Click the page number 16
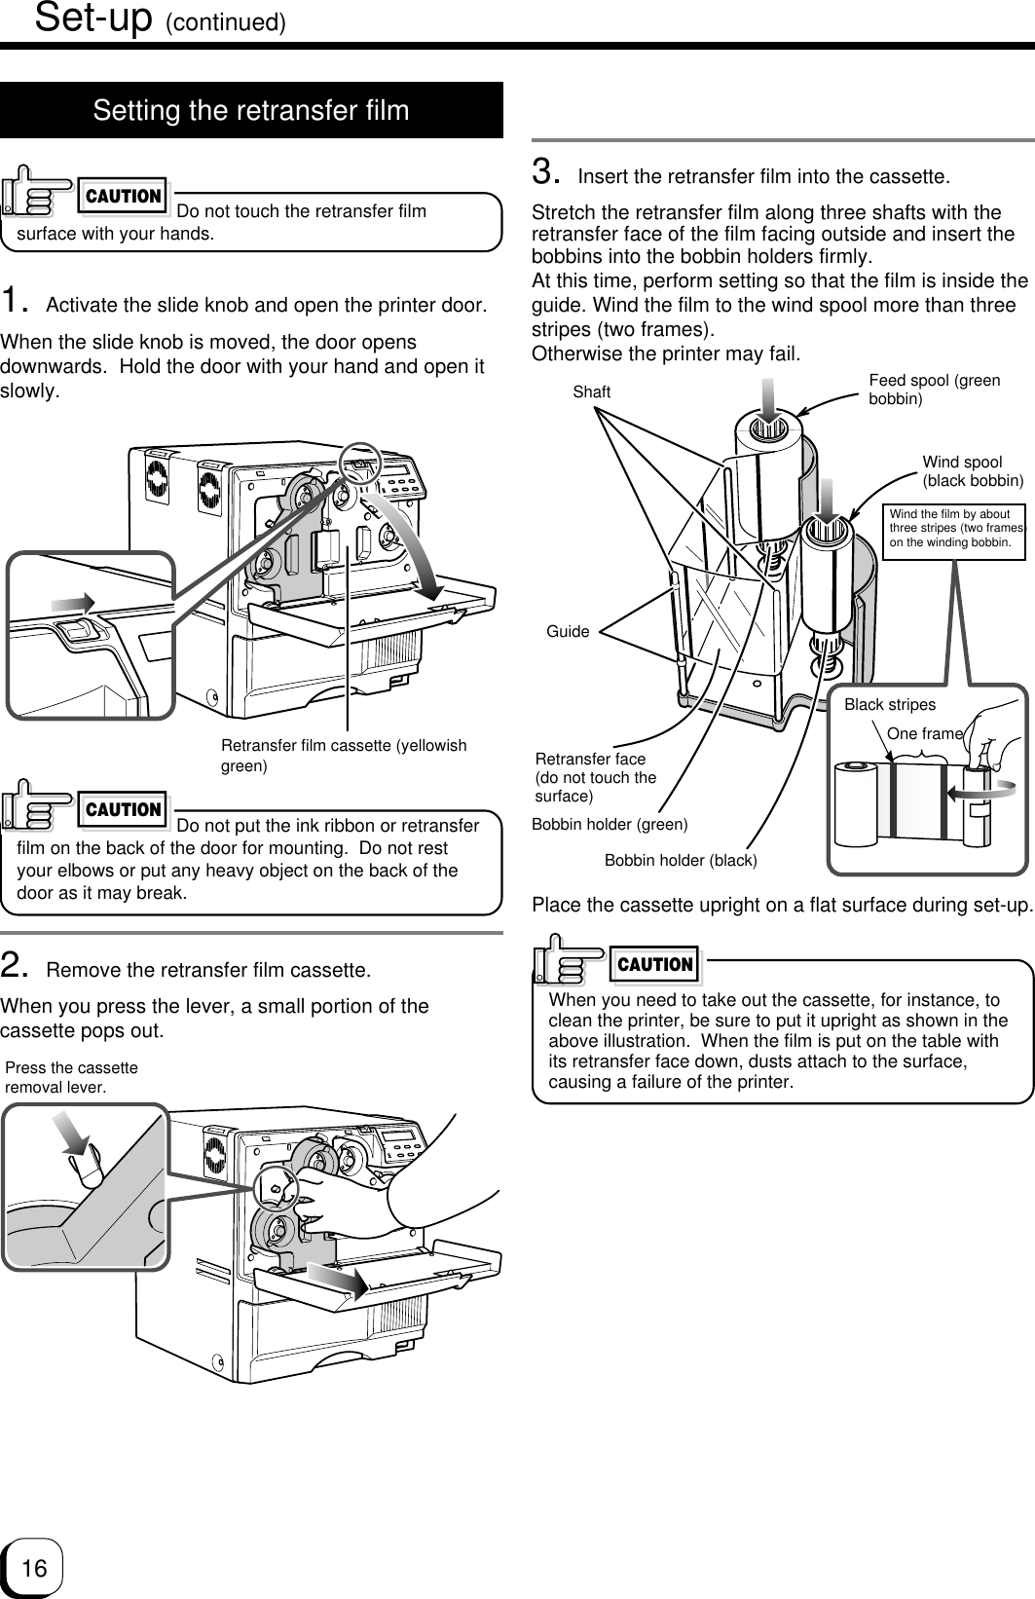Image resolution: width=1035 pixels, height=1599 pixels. pyautogui.click(x=33, y=1568)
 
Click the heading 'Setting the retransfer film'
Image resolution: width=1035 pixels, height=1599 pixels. pyautogui.click(x=251, y=111)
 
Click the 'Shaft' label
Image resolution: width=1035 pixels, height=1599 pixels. pyautogui.click(x=592, y=392)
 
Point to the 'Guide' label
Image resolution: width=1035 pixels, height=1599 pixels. pyautogui.click(x=568, y=632)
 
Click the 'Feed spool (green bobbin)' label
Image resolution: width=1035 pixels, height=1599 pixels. pyautogui.click(x=933, y=390)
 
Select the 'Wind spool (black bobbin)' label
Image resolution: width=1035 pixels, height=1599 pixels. pyautogui.click(x=972, y=470)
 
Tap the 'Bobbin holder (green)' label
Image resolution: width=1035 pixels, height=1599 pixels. pyautogui.click(x=610, y=825)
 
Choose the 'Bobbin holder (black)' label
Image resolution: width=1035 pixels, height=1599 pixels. pyautogui.click(x=681, y=861)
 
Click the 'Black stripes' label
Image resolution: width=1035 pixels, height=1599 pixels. pyautogui.click(x=889, y=704)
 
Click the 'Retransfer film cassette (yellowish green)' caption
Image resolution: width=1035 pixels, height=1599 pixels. pyautogui.click(x=344, y=756)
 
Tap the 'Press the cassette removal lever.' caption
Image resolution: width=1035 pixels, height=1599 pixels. pyautogui.click(x=72, y=1076)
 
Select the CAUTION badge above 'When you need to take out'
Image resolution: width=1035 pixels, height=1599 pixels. pyautogui.click(x=655, y=964)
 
